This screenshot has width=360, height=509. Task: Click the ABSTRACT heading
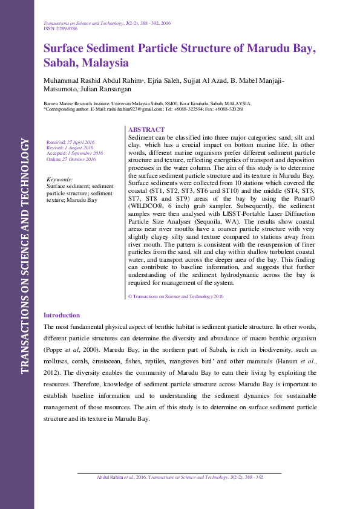point(146,130)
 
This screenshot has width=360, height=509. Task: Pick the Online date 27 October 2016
point(71,159)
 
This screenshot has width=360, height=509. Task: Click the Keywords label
point(59,180)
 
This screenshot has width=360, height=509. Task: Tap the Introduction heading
point(62,315)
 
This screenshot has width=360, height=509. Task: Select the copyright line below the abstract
point(176,296)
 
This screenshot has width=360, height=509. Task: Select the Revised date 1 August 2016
point(70,148)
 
